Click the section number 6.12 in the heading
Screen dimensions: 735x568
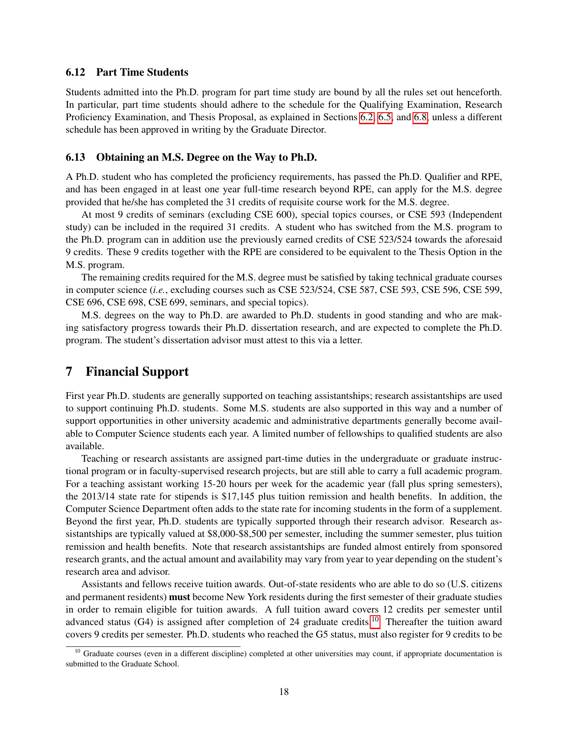pyautogui.click(x=75, y=73)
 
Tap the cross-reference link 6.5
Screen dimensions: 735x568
pyautogui.click(x=385, y=118)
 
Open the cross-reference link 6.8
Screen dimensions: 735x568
pyautogui.click(x=421, y=118)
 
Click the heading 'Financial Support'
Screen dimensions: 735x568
pyautogui.click(x=137, y=372)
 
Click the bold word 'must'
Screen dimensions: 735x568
pyautogui.click(x=180, y=597)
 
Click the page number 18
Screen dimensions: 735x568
pyautogui.click(x=284, y=692)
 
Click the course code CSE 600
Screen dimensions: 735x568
pyautogui.click(x=273, y=215)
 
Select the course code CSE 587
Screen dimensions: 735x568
pyautogui.click(x=359, y=290)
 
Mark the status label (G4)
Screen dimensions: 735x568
pyautogui.click(x=141, y=622)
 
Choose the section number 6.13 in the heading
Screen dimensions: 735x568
pyautogui.click(x=75, y=158)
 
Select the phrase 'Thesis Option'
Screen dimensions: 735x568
pyautogui.click(x=449, y=252)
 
